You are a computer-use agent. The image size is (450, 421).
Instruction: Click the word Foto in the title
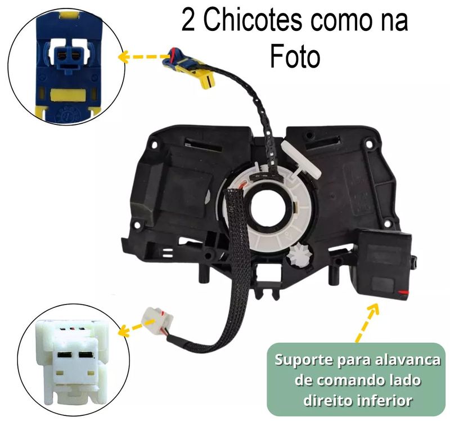coord(295,57)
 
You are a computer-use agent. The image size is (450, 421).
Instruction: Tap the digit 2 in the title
coord(188,21)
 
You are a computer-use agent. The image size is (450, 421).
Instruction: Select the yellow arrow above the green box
coord(367,321)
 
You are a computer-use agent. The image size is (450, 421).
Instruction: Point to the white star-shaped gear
coord(300,254)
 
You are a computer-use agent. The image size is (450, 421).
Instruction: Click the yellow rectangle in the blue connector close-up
coord(69,95)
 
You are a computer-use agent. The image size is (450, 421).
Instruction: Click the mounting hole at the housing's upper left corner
coord(154,145)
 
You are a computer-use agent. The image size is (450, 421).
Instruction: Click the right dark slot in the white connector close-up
coord(87,355)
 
